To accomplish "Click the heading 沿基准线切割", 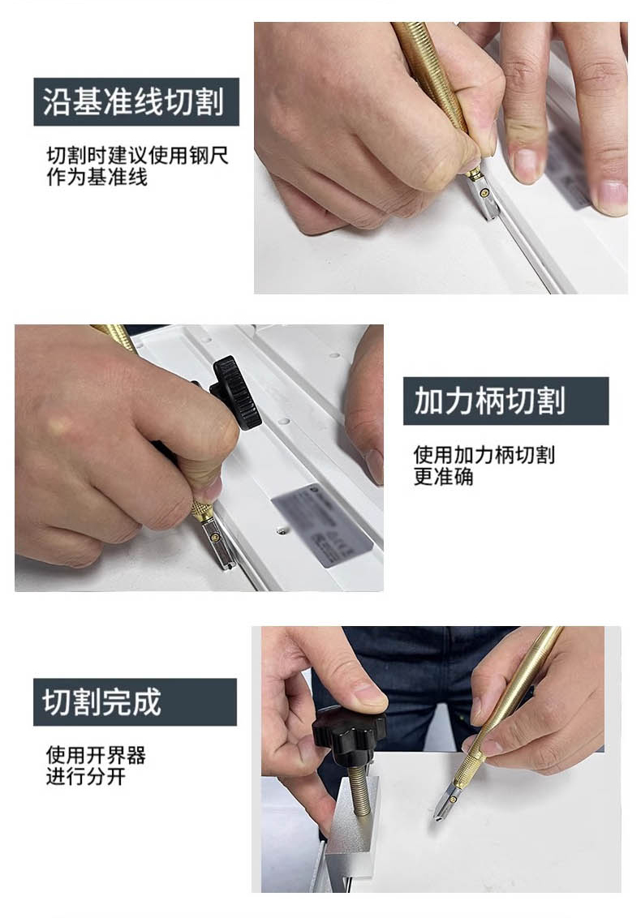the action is pyautogui.click(x=134, y=101).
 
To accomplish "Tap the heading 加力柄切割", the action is pyautogui.click(x=490, y=401).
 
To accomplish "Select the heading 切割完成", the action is pyautogui.click(x=101, y=702).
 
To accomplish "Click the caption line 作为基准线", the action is pyautogui.click(x=97, y=177).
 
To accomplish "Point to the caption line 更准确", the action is pyautogui.click(x=444, y=477).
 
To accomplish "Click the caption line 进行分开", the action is pyautogui.click(x=85, y=776).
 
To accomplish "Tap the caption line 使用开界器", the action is pyautogui.click(x=96, y=755).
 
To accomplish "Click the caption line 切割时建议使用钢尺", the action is pyautogui.click(x=137, y=155).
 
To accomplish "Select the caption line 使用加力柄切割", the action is pyautogui.click(x=484, y=455).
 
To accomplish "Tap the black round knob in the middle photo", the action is pyautogui.click(x=235, y=393).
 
